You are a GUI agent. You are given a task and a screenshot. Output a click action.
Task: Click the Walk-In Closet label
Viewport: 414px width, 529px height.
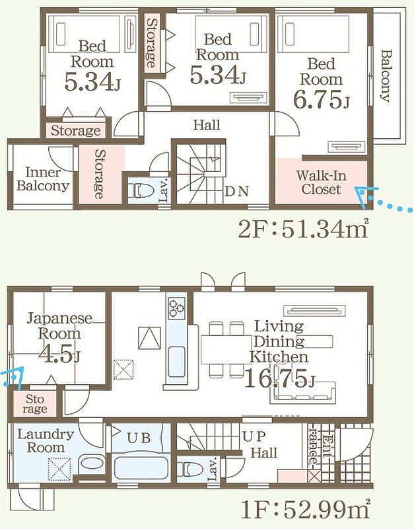[321, 183]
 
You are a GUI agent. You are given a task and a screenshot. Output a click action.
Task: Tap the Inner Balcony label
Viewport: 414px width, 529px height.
[43, 179]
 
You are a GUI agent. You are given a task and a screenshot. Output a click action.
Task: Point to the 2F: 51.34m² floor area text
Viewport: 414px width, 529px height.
[303, 229]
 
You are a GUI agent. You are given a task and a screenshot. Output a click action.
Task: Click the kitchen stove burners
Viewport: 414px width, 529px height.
[177, 307]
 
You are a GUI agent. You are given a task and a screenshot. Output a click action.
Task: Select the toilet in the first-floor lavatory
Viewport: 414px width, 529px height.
[190, 469]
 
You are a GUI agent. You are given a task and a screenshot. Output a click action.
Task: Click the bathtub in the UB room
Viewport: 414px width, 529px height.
[141, 467]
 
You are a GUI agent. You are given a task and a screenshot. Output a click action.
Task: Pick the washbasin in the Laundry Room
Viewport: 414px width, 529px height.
[92, 465]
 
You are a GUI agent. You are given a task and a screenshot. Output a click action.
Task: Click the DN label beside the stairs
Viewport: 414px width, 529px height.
[237, 191]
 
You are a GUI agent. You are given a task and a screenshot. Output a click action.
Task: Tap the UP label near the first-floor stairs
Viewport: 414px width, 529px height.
[254, 436]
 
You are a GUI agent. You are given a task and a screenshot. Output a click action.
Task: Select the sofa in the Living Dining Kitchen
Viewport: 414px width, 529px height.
[303, 393]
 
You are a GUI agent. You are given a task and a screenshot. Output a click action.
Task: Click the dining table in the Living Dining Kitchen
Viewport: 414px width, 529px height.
[226, 350]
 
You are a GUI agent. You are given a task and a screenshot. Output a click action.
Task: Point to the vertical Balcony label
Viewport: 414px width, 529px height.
[386, 75]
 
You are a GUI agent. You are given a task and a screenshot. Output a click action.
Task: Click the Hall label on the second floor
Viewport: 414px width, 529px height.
[207, 125]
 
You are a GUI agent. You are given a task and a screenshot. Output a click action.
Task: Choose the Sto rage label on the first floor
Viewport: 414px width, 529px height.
[35, 404]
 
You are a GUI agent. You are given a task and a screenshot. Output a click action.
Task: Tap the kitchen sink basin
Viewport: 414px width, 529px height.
[176, 362]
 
